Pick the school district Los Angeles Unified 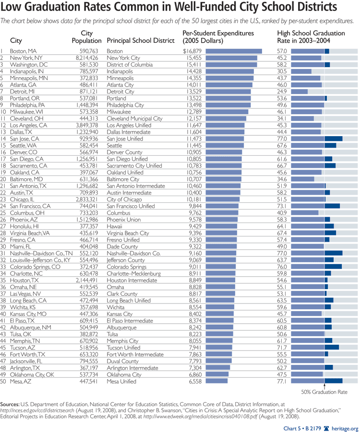point(129,125)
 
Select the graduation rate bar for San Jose point(317,138)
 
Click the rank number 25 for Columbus point(3,212)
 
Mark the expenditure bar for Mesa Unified point(216,382)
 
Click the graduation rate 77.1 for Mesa point(282,382)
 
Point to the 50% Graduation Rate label point(324,392)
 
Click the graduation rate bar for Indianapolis point(301,71)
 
